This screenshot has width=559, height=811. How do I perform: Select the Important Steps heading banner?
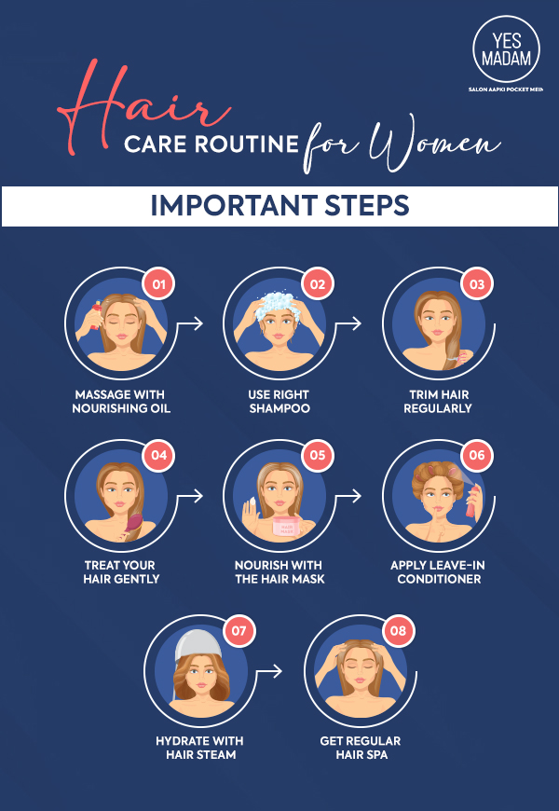click(279, 205)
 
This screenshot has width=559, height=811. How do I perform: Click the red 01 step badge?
click(157, 284)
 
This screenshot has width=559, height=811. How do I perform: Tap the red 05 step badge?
click(318, 456)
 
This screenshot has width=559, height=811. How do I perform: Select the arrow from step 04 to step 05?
click(190, 495)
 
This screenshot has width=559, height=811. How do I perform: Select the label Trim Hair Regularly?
click(438, 402)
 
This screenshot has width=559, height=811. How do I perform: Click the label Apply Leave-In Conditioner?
click(439, 572)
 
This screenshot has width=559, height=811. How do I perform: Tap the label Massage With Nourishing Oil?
click(121, 402)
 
